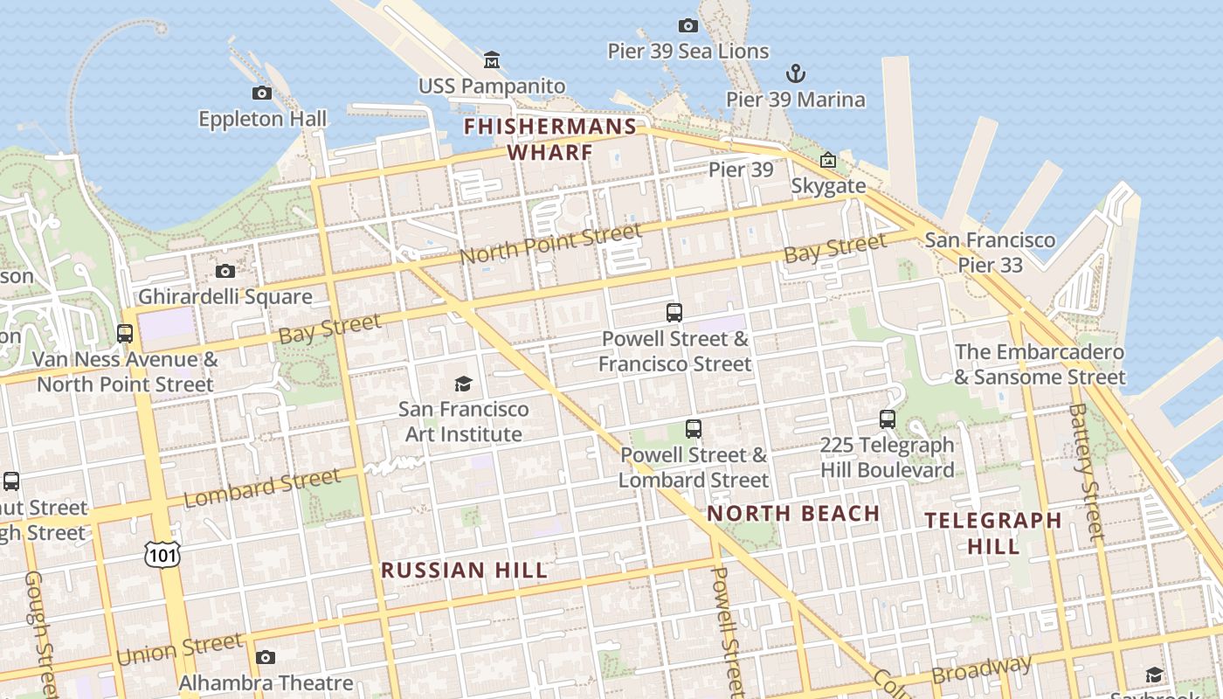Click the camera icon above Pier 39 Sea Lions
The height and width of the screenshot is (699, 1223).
688,26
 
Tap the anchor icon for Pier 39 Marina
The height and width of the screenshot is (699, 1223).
795,73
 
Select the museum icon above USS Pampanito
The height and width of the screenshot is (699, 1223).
492,60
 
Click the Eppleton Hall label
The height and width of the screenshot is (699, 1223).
262,119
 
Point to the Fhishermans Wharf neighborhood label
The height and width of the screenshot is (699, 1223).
550,140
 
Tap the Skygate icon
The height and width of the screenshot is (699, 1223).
827,161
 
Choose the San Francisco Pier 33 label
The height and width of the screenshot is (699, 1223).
990,252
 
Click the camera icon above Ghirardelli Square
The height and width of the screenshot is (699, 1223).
225,271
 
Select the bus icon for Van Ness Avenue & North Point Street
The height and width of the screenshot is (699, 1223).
125,333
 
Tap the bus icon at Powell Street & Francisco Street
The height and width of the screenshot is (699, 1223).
674,312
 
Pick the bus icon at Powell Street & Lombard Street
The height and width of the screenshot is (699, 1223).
694,429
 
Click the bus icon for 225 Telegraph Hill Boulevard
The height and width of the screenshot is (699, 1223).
888,419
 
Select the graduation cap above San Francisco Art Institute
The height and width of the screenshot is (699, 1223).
463,384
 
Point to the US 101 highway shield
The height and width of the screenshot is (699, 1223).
163,553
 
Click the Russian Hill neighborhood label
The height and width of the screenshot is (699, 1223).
464,571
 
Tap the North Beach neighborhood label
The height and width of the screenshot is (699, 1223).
793,513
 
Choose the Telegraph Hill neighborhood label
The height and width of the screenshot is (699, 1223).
993,533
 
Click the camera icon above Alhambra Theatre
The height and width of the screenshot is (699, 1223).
266,657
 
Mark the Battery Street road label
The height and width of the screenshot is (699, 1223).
1087,472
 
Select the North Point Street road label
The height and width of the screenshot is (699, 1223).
550,244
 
